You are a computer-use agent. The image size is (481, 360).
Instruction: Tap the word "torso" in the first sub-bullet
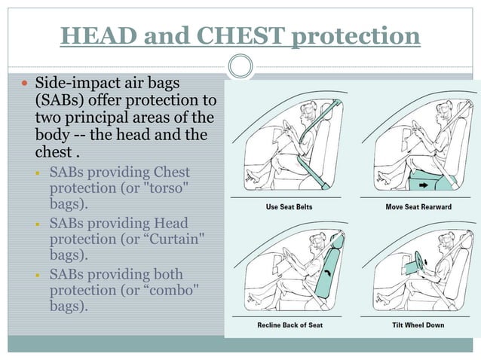(x=170, y=188)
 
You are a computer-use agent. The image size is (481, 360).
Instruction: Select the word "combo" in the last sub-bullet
(x=170, y=291)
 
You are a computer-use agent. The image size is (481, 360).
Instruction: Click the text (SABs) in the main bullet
(x=61, y=100)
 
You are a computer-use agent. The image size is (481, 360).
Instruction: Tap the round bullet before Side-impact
(x=23, y=81)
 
